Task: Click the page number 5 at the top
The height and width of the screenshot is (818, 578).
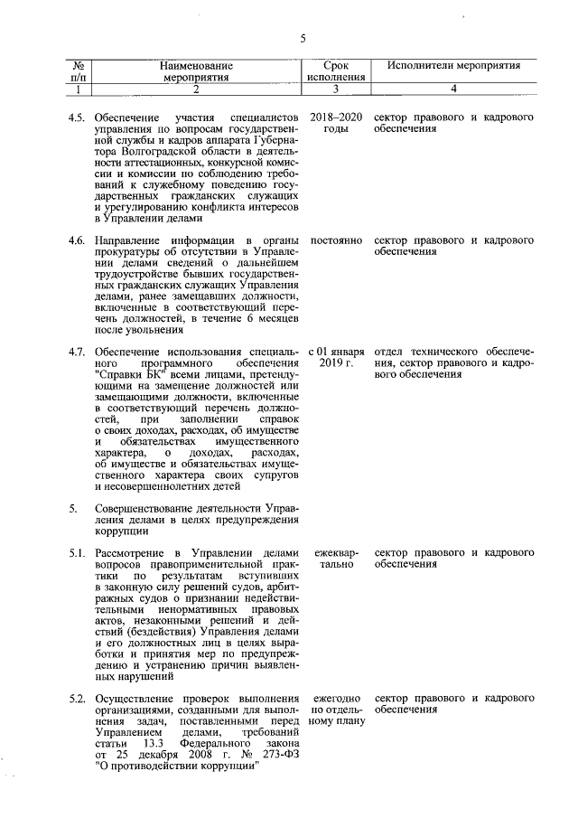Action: click(303, 38)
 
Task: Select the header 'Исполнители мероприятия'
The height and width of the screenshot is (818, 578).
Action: click(454, 66)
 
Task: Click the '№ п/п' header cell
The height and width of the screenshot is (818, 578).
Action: click(79, 71)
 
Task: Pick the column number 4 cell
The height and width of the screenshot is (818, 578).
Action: click(454, 89)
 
